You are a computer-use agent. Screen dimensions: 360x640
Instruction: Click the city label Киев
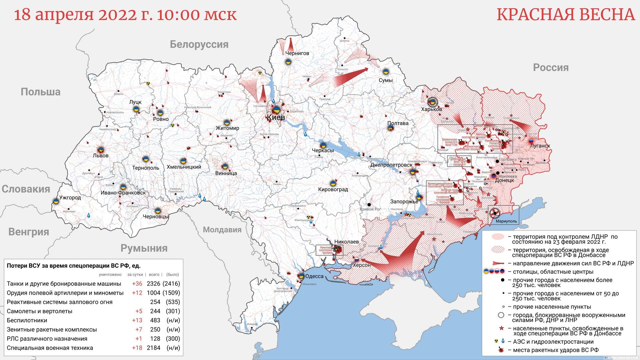276,117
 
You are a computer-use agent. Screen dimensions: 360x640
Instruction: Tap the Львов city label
101,156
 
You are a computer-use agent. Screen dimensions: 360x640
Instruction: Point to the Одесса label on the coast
314,276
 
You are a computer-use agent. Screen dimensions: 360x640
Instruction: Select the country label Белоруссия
199,44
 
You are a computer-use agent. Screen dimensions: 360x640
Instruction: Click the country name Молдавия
222,230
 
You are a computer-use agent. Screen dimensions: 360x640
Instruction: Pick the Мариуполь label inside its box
506,221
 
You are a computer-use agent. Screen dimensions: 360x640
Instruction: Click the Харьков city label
431,109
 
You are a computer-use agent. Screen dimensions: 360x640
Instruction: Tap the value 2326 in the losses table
153,284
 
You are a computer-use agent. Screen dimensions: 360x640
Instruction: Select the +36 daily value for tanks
137,284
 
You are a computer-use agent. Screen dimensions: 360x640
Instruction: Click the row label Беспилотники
27,320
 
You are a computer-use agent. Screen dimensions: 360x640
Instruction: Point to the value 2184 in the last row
153,348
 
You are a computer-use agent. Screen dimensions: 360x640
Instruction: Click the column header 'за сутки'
135,275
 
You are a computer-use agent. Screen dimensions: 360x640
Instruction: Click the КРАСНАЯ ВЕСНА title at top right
566,15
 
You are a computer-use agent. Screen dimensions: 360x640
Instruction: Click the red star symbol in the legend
501,329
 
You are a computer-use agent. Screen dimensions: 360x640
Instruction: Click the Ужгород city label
70,198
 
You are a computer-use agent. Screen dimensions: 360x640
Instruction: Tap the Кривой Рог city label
370,209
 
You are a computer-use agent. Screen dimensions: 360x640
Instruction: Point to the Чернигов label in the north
297,53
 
